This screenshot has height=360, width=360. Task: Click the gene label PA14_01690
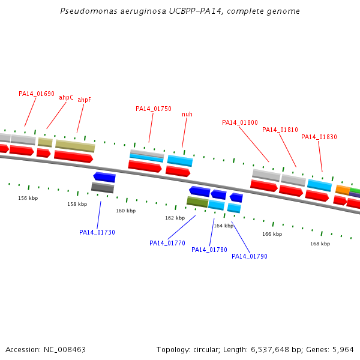click(x=37, y=94)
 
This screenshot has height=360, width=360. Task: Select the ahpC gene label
click(x=66, y=97)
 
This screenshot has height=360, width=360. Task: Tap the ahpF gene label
click(x=84, y=100)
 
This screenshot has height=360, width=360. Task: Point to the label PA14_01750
click(x=154, y=109)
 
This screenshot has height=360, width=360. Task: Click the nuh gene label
click(x=187, y=114)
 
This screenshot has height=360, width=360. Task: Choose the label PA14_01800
click(x=240, y=123)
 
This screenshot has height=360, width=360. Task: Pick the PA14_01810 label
click(x=280, y=130)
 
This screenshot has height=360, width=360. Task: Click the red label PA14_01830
click(x=319, y=137)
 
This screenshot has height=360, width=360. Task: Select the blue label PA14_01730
click(x=97, y=232)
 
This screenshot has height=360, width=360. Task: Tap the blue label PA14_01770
click(x=167, y=243)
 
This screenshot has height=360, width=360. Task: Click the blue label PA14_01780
click(x=209, y=250)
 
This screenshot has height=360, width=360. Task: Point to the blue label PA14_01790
click(x=250, y=256)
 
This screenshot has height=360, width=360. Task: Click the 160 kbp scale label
click(x=126, y=211)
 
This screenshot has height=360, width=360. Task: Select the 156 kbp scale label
click(x=28, y=198)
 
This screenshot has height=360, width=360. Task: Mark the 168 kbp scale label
click(x=320, y=244)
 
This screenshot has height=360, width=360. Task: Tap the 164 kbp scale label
click(x=223, y=226)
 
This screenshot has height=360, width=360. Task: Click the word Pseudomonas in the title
click(x=84, y=11)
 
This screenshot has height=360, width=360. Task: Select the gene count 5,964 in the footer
click(x=343, y=349)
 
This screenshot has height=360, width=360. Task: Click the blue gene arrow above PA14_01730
click(x=104, y=177)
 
